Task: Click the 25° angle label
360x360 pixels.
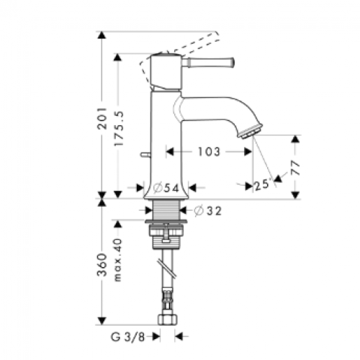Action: (262, 185)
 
